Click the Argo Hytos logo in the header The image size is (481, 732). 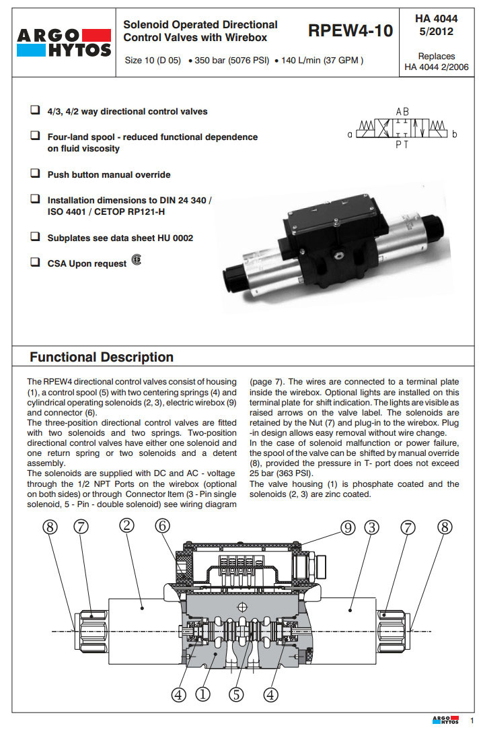[64, 42]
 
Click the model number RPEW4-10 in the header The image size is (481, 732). [350, 30]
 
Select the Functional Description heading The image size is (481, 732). [102, 357]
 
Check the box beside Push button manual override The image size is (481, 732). [35, 174]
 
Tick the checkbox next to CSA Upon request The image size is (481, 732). [35, 263]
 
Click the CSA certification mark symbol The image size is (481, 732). [137, 261]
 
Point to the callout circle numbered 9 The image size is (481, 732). [347, 528]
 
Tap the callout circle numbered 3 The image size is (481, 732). [371, 528]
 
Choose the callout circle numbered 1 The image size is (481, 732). [202, 694]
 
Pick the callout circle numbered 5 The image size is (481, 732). [236, 694]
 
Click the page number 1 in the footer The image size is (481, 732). [472, 721]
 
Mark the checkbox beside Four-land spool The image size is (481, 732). [35, 136]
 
